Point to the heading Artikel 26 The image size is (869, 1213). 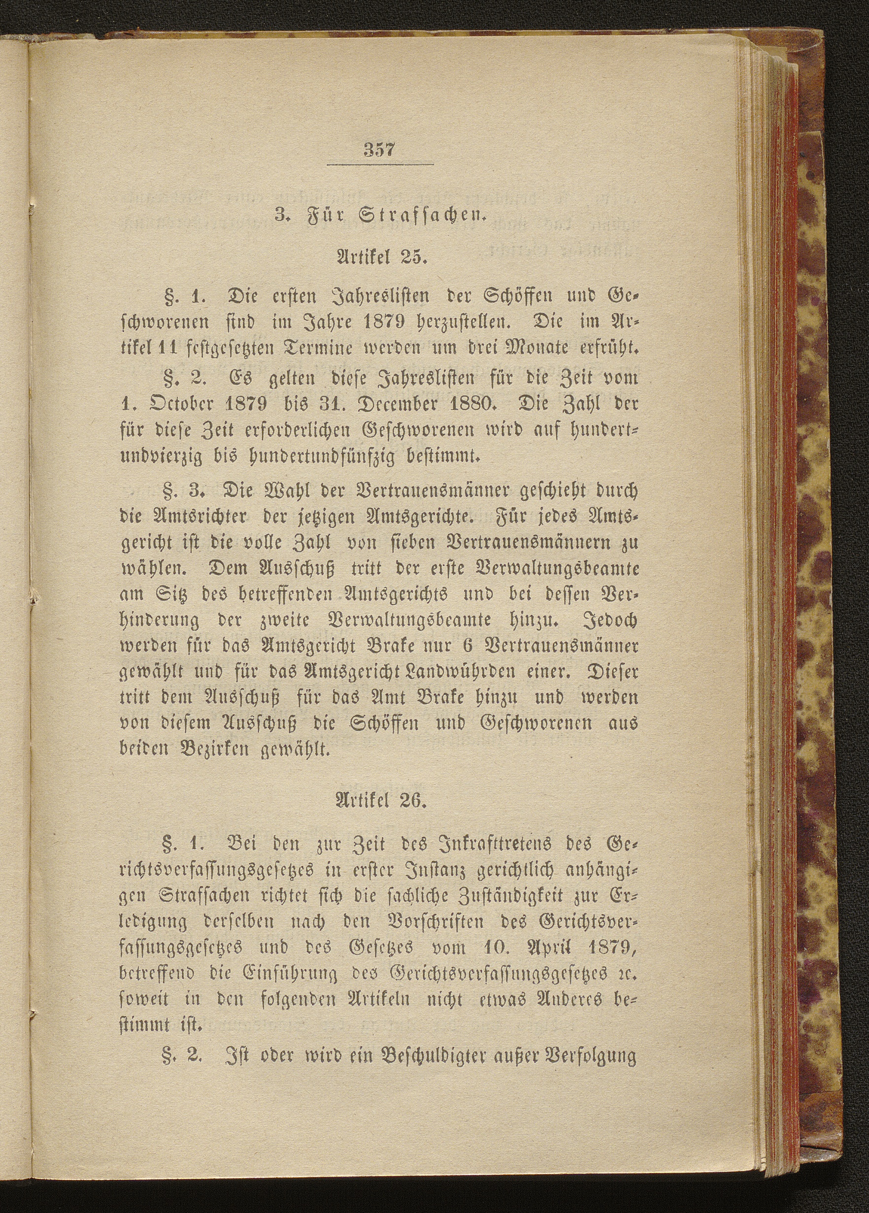(x=380, y=802)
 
